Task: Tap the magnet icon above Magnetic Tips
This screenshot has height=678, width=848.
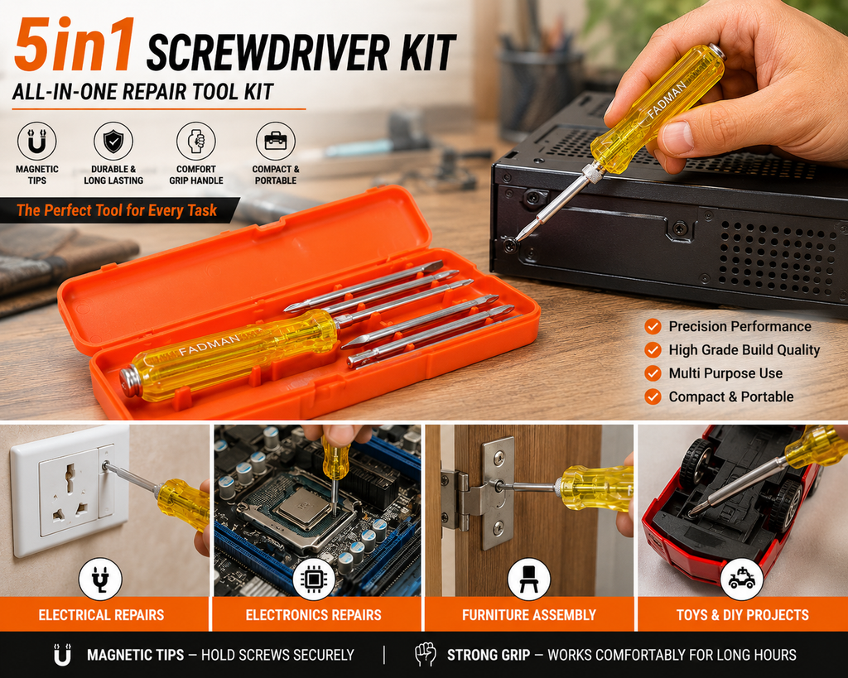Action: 36,141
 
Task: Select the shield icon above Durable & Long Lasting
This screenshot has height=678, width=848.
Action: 113,141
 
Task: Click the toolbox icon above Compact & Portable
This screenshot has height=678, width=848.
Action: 276,141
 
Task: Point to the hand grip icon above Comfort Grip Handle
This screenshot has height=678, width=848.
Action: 195,141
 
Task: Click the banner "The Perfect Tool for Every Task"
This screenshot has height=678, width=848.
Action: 117,210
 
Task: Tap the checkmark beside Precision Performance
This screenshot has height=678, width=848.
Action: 653,326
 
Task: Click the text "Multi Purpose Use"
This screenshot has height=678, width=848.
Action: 725,373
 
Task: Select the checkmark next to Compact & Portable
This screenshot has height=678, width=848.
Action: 653,397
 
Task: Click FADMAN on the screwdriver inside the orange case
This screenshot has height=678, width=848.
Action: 209,345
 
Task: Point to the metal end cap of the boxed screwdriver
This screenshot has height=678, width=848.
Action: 130,382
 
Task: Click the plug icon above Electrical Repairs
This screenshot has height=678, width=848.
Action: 100,579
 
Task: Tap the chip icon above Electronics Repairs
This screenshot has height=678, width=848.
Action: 313,579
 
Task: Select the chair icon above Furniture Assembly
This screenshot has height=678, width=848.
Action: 528,579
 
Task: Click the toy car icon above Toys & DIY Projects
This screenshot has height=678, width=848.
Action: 741,579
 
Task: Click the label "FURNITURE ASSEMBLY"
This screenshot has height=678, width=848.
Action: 529,615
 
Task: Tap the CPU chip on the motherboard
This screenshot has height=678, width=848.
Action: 304,507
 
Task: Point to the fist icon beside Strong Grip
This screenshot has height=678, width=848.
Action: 425,654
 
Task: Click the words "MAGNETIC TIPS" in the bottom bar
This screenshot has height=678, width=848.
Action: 135,655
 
